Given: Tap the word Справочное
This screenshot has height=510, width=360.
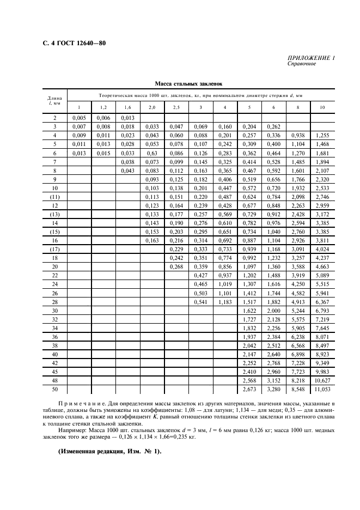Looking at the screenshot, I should [302, 64].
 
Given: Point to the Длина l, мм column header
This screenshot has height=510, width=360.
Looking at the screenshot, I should [55, 101].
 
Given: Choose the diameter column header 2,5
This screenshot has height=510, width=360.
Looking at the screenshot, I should [176, 107].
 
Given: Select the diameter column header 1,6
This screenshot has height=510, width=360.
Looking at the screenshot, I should [128, 107].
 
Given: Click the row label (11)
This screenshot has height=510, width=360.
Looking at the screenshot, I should [54, 197].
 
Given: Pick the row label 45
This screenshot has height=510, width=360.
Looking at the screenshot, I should [54, 371].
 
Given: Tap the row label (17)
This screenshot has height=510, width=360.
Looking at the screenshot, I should [54, 248].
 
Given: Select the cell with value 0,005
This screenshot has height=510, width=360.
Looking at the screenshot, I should [79, 118].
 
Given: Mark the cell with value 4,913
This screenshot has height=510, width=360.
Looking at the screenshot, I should [298, 301].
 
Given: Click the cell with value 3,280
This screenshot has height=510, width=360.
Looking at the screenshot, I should [273, 390].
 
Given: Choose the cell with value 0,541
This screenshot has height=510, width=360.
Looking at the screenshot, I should [201, 301].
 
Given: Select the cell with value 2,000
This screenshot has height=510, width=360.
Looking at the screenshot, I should [273, 311].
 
